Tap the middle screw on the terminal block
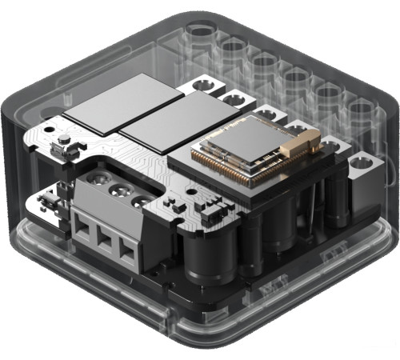[x=121, y=193]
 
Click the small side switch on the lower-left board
[x=58, y=147]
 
